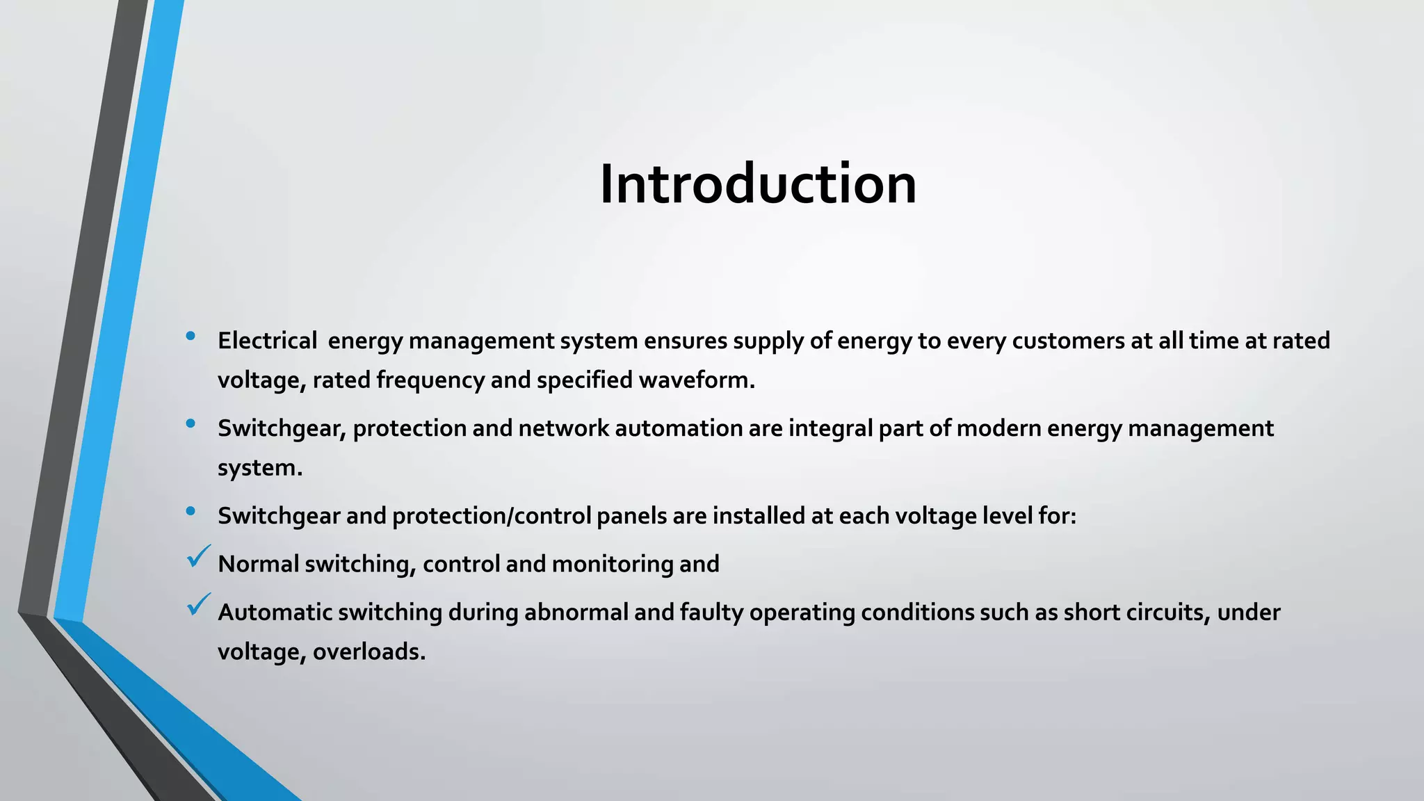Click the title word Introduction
(x=758, y=184)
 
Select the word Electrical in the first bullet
(x=267, y=341)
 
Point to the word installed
(x=759, y=516)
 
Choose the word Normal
(x=258, y=564)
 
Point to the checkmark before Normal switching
(x=199, y=556)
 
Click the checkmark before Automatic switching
(x=199, y=604)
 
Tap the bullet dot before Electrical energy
(x=191, y=337)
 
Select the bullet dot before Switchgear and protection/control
(x=191, y=512)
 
